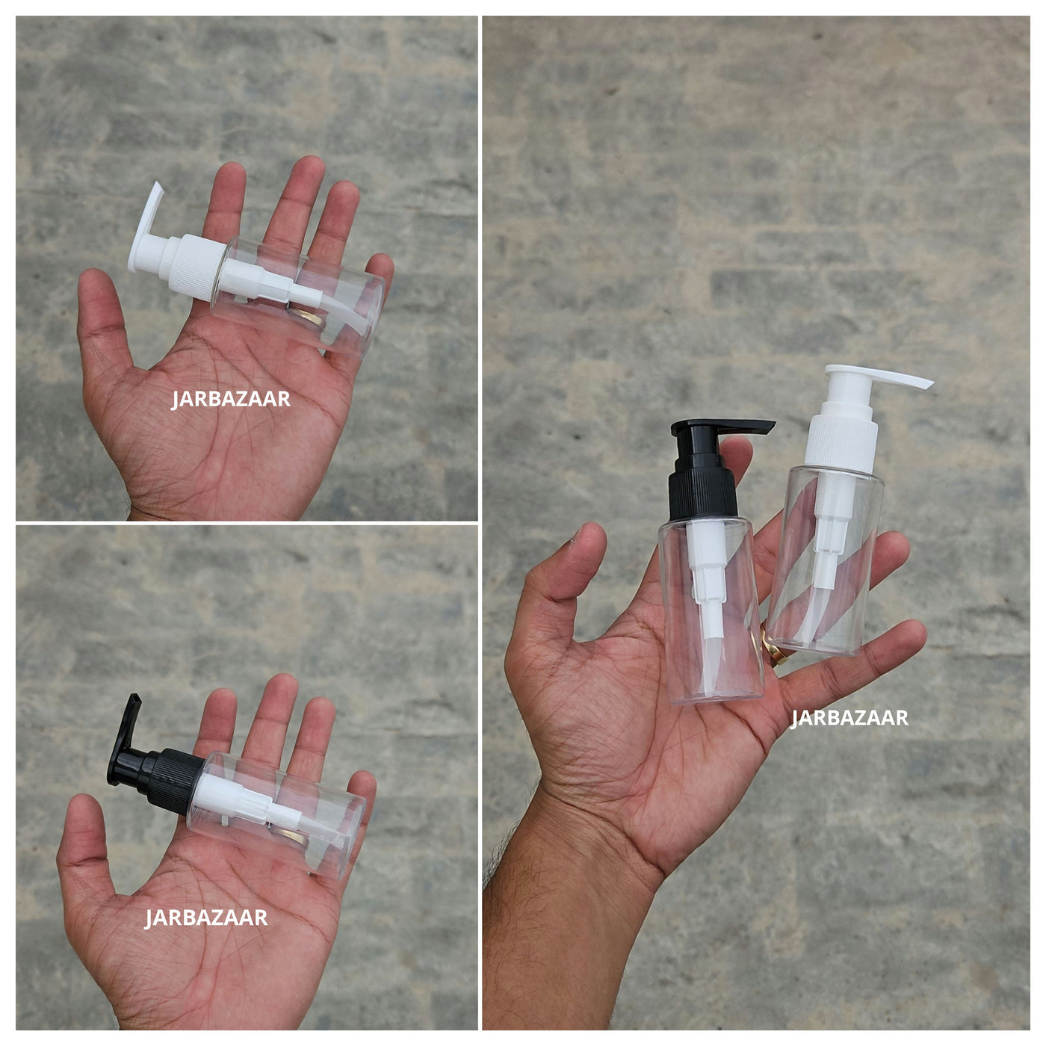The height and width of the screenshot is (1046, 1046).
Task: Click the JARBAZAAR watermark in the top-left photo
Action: click(x=231, y=400)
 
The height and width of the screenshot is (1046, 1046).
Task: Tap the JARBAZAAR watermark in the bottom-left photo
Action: click(x=206, y=918)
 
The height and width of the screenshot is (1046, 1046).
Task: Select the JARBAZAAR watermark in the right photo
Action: click(x=849, y=717)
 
